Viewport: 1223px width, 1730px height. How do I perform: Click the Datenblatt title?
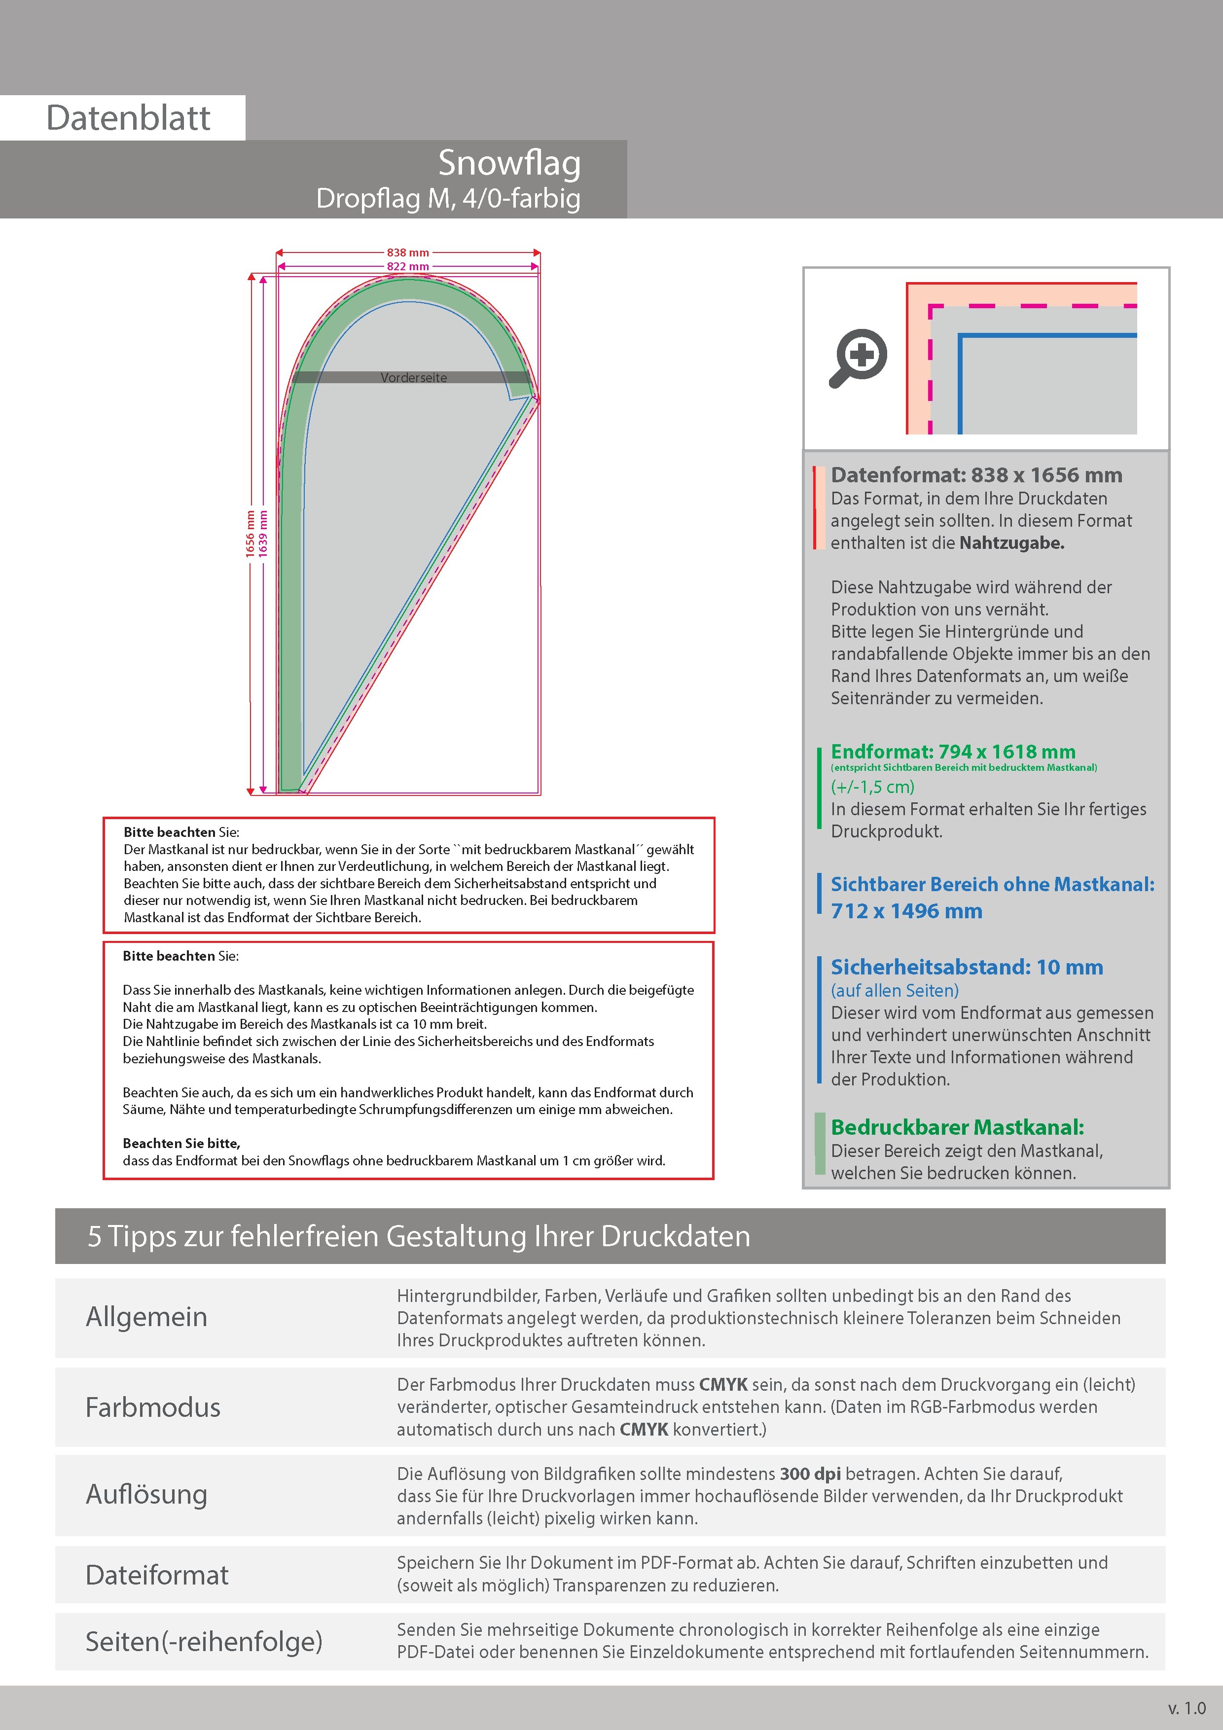pos(128,118)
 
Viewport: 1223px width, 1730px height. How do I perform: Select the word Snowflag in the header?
pos(509,164)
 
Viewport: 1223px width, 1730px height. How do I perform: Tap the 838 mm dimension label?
pos(408,253)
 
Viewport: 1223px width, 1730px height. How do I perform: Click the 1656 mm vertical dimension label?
pos(250,534)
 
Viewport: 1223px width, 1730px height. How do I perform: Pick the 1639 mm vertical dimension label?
pos(263,534)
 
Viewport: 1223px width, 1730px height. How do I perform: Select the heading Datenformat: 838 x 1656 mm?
pos(976,475)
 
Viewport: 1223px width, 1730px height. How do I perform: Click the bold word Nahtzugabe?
pos(1011,542)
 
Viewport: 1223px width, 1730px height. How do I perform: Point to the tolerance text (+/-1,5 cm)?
pos(872,787)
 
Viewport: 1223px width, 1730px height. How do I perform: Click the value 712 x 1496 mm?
pos(906,911)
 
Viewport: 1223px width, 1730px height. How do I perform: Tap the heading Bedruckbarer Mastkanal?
pos(957,1127)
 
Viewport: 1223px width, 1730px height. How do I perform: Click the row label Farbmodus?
pos(153,1407)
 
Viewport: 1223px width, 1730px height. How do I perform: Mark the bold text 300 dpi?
pos(810,1474)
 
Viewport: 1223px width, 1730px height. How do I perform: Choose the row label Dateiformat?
pos(157,1575)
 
